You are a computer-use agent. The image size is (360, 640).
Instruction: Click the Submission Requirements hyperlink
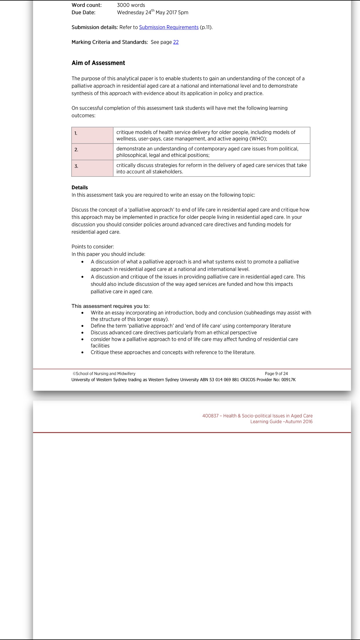(169, 27)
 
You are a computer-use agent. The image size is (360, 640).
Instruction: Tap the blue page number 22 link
(176, 42)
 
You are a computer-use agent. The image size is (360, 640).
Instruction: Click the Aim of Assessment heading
(98, 63)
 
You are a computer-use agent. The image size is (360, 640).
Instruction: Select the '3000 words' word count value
(131, 5)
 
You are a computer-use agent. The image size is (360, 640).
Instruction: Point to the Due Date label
(83, 12)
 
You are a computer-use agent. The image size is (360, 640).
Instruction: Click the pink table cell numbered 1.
(92, 135)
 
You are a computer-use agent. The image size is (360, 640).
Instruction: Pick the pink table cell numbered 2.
(92, 152)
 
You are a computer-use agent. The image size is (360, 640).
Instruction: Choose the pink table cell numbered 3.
(92, 168)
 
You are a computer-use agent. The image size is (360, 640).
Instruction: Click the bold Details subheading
(80, 188)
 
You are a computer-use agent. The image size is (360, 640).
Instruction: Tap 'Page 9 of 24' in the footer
(276, 374)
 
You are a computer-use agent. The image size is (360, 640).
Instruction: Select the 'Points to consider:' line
(93, 247)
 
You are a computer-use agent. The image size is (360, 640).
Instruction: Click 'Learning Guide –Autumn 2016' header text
(281, 421)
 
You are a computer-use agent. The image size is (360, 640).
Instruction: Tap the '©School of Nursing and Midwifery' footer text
(104, 374)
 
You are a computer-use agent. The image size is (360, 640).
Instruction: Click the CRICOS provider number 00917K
(288, 380)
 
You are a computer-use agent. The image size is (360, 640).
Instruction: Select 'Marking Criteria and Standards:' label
(110, 42)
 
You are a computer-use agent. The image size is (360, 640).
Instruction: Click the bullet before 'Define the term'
(83, 326)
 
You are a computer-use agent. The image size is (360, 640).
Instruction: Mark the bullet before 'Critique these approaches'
(83, 352)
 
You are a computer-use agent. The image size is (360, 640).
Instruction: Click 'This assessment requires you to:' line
(110, 306)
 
